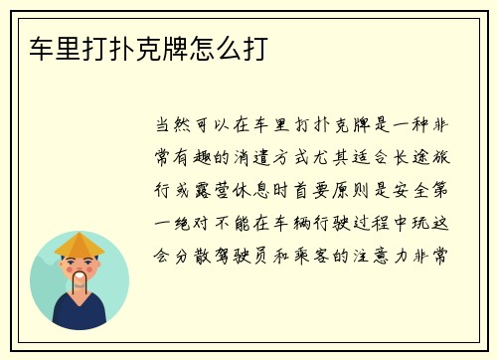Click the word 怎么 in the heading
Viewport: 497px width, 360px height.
coord(209,48)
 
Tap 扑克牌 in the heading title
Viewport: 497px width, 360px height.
coord(144,48)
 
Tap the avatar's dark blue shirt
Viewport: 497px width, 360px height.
coord(80,315)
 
